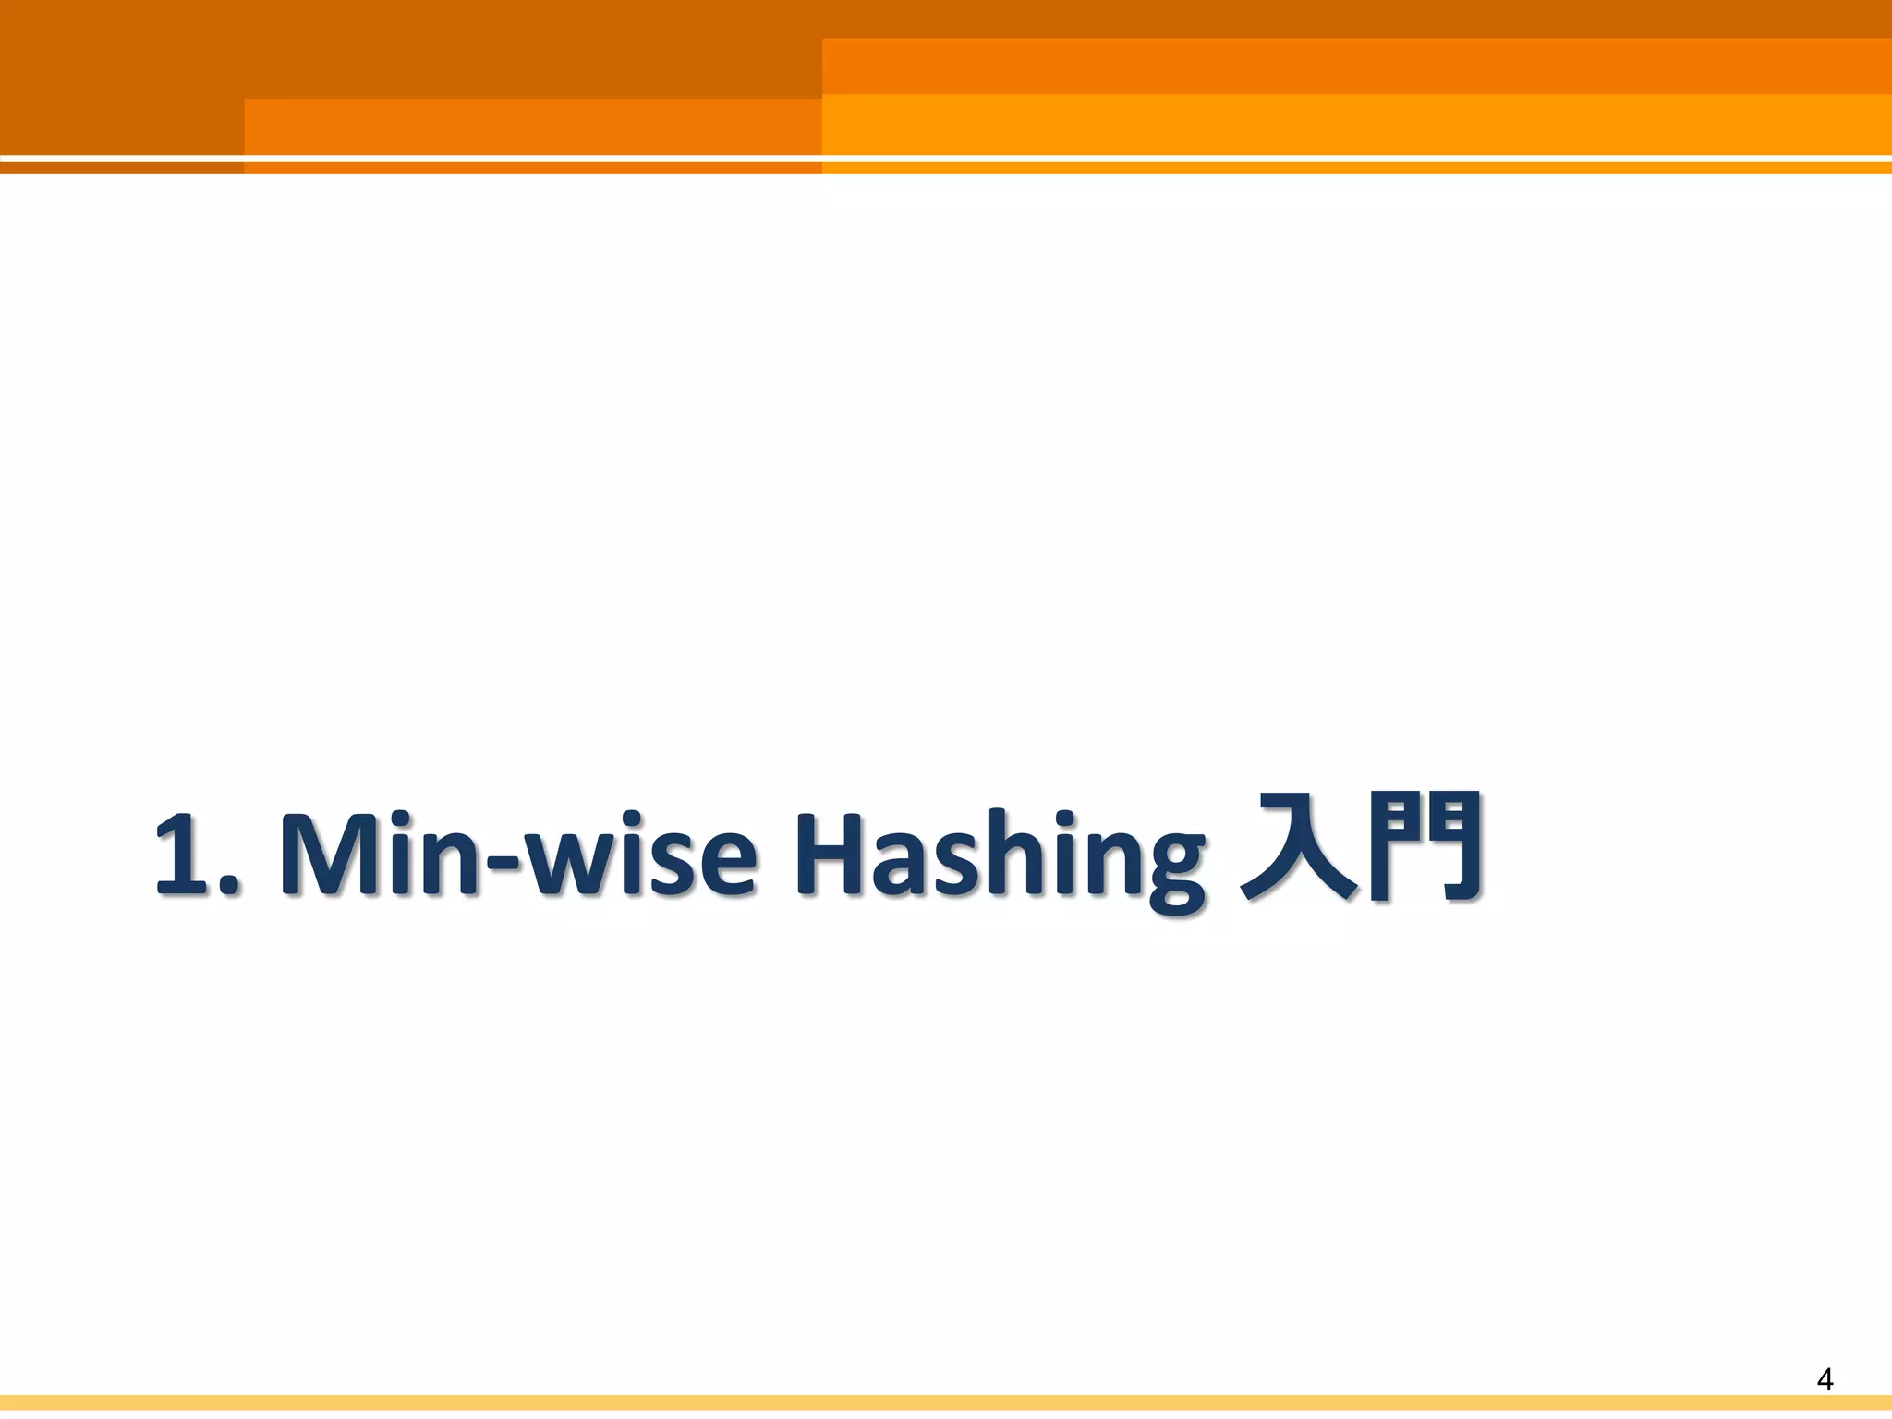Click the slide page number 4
pyautogui.click(x=1825, y=1379)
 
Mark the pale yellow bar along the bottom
pyautogui.click(x=946, y=1403)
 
